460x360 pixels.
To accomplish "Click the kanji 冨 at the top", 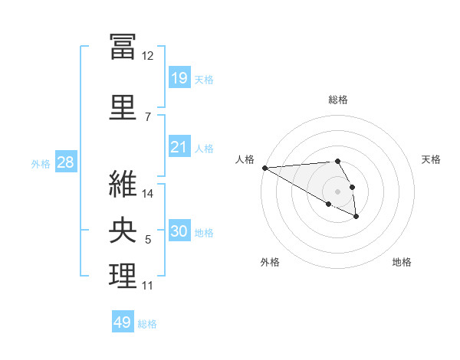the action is (x=123, y=47).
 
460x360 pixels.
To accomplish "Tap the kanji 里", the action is (x=123, y=107).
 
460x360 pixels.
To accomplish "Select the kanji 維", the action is (x=123, y=184).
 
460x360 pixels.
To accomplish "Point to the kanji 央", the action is (x=123, y=230).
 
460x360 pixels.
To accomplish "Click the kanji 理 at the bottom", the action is (x=123, y=276).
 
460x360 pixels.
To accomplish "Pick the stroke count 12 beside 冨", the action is (x=147, y=56).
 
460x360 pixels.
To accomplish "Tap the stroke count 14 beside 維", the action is (x=147, y=194).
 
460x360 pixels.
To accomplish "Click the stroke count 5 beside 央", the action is (x=148, y=240).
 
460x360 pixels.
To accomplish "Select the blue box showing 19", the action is (x=179, y=77).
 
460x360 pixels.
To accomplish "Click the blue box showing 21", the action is (x=179, y=146).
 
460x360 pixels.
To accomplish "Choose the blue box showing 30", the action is (x=179, y=230).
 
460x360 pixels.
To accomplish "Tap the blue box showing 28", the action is (x=66, y=162).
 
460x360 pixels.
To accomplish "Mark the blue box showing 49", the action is (x=123, y=321).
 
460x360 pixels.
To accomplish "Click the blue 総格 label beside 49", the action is (x=147, y=324).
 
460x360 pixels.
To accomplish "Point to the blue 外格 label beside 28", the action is (x=41, y=164).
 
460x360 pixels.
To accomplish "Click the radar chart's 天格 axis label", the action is (x=431, y=159).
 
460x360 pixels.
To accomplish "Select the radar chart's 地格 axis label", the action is (x=402, y=262).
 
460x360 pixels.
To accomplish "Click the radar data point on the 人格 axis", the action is (x=265, y=168).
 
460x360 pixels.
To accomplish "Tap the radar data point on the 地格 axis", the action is (x=356, y=217).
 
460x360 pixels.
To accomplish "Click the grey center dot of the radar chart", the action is (x=337, y=191).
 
